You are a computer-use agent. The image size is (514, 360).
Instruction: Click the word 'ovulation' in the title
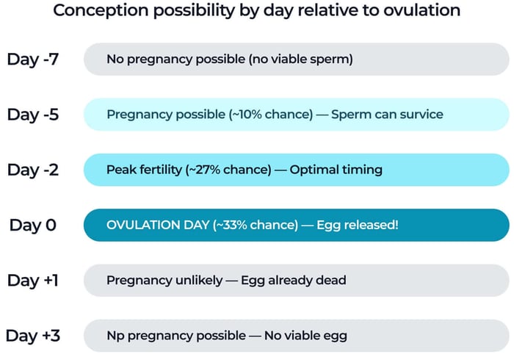tap(419, 12)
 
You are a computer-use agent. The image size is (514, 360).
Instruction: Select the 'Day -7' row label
tap(32, 59)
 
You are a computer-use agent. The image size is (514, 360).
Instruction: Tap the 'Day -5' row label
tap(32, 115)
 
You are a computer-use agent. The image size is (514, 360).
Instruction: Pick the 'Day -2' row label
tap(32, 170)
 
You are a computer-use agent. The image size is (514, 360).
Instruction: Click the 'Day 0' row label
tap(32, 225)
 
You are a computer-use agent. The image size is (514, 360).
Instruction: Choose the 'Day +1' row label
tap(32, 280)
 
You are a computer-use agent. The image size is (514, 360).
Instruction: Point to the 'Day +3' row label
tap(32, 336)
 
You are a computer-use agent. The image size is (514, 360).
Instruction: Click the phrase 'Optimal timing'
tap(336, 170)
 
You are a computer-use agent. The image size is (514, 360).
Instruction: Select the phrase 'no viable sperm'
tap(306, 59)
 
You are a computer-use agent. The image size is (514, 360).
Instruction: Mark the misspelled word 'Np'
tap(115, 336)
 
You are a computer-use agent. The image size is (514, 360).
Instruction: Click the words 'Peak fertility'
tap(143, 170)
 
